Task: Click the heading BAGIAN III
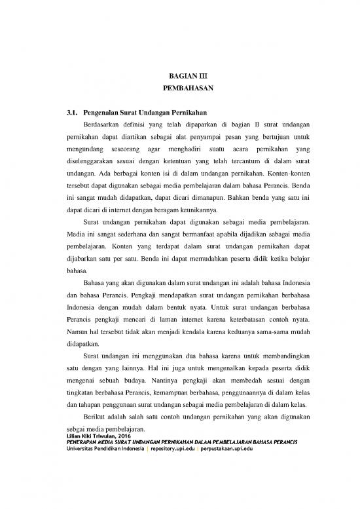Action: coord(179,75)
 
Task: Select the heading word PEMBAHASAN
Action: coord(179,88)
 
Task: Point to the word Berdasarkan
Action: coord(104,125)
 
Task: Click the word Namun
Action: coord(77,330)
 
